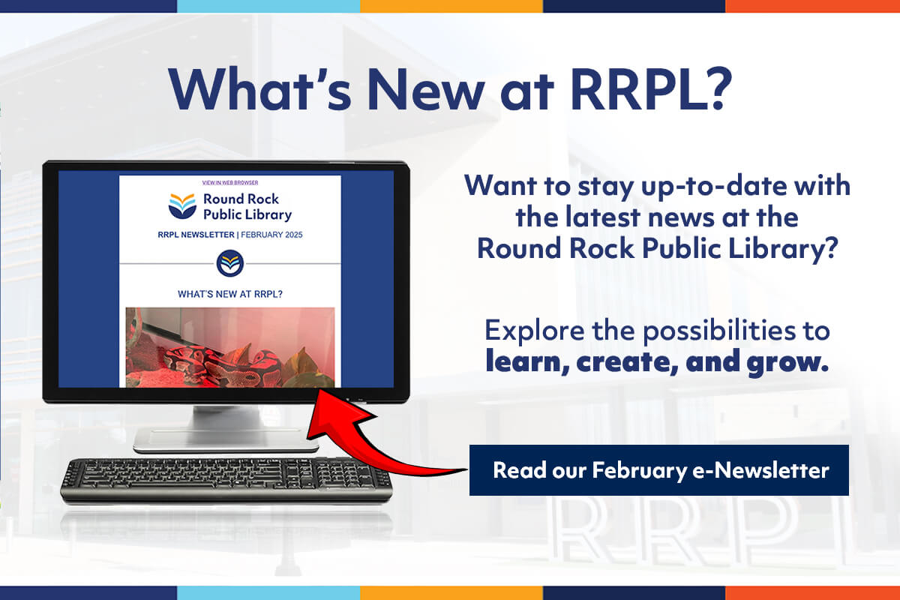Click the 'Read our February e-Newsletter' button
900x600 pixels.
click(659, 469)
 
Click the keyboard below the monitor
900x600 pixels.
click(226, 481)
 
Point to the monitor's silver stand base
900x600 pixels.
click(226, 440)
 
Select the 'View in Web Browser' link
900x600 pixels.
click(230, 182)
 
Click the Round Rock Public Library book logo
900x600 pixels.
click(182, 205)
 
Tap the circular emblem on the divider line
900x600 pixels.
click(230, 264)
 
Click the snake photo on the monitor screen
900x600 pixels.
click(230, 347)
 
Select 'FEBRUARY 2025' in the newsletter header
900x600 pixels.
click(271, 235)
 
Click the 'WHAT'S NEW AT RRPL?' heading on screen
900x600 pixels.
click(230, 294)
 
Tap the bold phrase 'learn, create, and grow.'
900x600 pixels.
click(657, 361)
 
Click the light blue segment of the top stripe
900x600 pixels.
click(268, 6)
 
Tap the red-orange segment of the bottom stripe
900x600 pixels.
click(812, 593)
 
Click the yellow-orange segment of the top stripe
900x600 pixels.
click(451, 6)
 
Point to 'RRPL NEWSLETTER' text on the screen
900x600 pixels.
click(196, 235)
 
